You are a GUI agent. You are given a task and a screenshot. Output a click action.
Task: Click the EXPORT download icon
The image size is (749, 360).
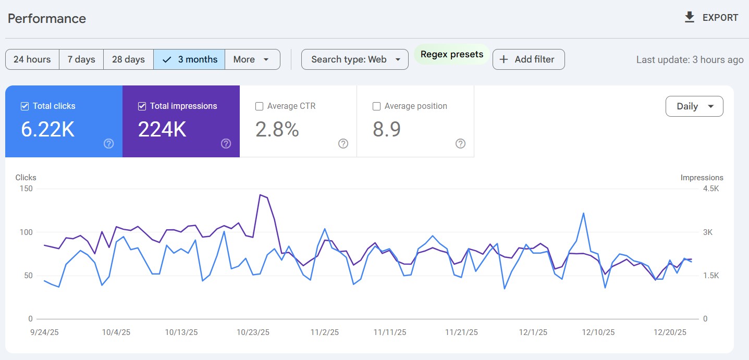coord(690,17)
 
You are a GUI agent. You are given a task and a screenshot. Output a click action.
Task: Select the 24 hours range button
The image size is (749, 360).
coord(32,59)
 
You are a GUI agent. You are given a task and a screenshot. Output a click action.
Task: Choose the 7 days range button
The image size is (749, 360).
coord(81,59)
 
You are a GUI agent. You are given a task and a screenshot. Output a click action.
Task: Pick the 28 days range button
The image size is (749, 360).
coord(128,59)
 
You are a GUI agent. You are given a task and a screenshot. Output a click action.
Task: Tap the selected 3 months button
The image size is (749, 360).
coord(189,59)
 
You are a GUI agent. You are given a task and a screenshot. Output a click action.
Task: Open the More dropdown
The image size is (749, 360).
coord(252,59)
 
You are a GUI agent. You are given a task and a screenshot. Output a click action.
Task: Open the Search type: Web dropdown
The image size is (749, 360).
coord(354,59)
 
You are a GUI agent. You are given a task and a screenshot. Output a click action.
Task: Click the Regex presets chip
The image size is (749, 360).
coord(452,54)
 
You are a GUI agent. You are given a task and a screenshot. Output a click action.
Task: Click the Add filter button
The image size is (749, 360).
coord(528,59)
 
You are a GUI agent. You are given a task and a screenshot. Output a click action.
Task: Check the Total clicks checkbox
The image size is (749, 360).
coord(24,106)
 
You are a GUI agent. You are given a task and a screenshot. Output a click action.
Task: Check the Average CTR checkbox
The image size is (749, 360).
coord(259,106)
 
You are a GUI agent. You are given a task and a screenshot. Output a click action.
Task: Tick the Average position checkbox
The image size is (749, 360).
coord(376,106)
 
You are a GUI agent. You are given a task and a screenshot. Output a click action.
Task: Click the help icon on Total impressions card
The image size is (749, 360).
coord(226,144)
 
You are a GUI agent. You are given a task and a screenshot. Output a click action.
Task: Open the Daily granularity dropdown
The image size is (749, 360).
coord(694,106)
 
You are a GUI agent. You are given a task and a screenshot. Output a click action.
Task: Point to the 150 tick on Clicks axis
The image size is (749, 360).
coord(26,189)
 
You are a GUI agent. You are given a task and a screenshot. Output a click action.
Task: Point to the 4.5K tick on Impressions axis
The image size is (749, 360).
coord(710,189)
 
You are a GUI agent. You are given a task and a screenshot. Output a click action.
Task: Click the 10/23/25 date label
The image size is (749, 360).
coord(253,332)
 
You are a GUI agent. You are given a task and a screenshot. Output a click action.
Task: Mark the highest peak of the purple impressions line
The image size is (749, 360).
coord(260,195)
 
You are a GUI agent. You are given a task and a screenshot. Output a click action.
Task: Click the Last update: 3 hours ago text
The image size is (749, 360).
coord(690,59)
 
